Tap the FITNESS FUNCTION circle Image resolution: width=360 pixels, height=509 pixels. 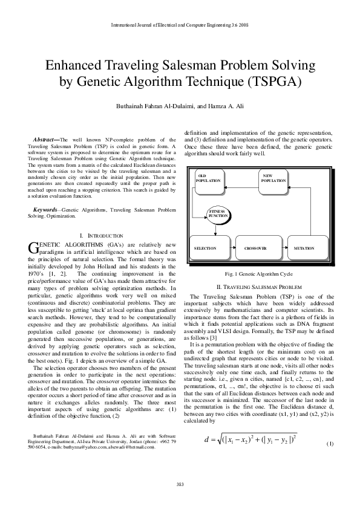click(218, 214)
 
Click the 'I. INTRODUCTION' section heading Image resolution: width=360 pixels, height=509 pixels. click(101, 235)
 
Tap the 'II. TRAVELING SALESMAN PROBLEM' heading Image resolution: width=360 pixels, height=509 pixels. click(259, 286)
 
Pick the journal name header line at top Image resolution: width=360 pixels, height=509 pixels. click(180, 25)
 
